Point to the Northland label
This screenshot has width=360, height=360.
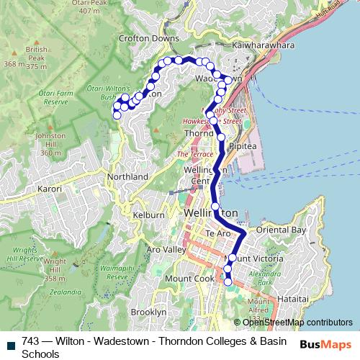pyautogui.click(x=127, y=176)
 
